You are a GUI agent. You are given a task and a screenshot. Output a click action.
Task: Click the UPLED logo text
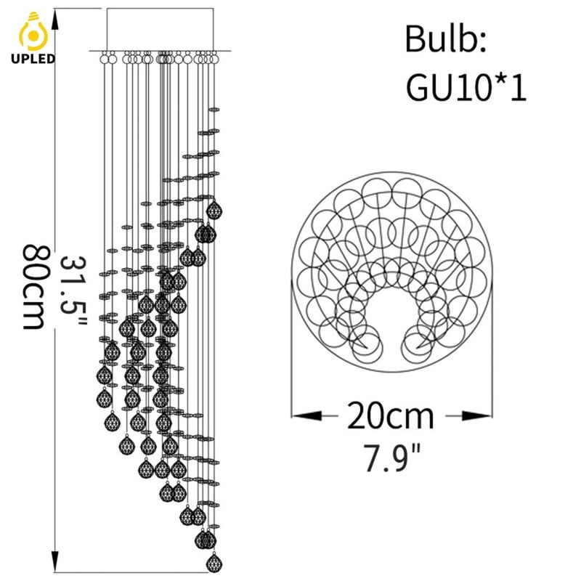[33, 59]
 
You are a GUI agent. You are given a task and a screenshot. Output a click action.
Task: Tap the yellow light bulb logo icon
[33, 32]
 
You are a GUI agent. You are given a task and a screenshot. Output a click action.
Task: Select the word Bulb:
[445, 39]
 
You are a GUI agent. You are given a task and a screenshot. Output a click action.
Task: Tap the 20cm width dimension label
[390, 415]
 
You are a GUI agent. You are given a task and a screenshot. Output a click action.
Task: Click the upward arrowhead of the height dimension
[55, 19]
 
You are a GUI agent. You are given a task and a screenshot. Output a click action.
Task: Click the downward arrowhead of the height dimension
[55, 562]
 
